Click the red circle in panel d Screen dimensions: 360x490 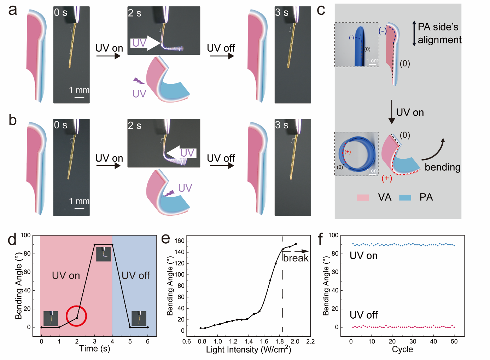(x=76, y=316)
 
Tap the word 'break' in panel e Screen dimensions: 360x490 (x=296, y=258)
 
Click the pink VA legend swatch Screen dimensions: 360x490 (x=363, y=197)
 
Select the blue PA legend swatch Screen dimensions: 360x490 (x=405, y=197)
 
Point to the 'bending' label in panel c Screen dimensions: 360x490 (x=442, y=167)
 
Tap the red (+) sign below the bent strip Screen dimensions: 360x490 (x=387, y=178)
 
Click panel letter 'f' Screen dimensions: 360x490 (x=320, y=239)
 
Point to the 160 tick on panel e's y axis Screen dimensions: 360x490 (x=180, y=241)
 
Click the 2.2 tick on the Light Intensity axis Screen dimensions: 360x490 (x=310, y=342)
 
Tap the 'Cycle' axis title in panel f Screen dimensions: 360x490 (x=402, y=349)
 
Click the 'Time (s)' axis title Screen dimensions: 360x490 (x=94, y=349)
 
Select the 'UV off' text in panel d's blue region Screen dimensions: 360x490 (x=135, y=275)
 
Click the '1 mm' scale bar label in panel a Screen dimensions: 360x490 (x=79, y=90)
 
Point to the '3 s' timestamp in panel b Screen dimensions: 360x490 (x=281, y=125)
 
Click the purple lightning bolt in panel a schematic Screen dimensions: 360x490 (x=139, y=81)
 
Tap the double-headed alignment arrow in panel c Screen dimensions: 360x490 (x=414, y=34)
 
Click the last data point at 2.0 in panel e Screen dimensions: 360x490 (x=296, y=244)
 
